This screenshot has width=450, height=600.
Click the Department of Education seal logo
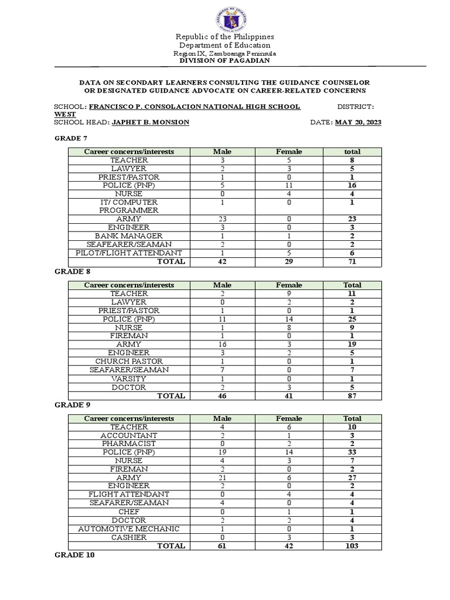tap(225, 18)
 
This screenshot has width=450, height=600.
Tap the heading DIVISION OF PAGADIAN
tap(225, 61)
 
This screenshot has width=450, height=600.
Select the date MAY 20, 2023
tap(357, 122)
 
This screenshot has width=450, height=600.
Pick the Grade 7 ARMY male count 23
tap(222, 219)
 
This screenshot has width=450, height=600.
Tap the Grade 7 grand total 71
tap(352, 261)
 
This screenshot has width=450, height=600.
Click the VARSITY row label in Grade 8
tap(129, 379)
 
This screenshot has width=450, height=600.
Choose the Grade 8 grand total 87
tap(352, 396)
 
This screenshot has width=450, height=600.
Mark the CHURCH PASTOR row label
tap(129, 362)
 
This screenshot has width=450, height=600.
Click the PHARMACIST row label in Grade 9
tap(129, 444)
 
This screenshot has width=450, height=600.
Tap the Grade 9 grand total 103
tap(352, 546)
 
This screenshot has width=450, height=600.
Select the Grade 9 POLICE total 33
tap(352, 452)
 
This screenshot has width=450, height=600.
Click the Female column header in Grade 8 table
tap(289, 285)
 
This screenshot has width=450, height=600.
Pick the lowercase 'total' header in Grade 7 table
tap(352, 152)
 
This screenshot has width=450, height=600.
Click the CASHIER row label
tap(129, 537)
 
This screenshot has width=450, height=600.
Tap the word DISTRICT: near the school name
tap(356, 107)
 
